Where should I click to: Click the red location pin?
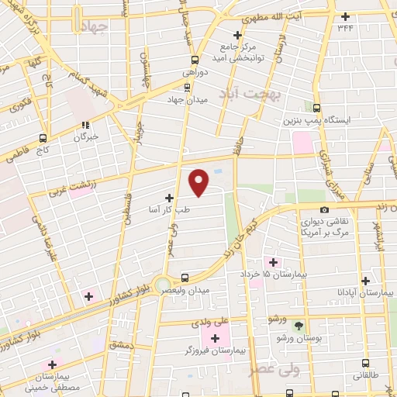click(199, 182)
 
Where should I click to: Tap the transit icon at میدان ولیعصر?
click(184, 278)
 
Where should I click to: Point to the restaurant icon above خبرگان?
click(87, 124)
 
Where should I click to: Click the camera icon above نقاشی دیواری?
click(324, 209)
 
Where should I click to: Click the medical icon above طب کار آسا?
click(170, 198)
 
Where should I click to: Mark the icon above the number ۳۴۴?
click(345, 16)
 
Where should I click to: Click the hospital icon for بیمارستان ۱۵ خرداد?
click(271, 261)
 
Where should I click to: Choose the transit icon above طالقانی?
click(365, 363)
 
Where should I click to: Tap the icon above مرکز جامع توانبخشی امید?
click(239, 35)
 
